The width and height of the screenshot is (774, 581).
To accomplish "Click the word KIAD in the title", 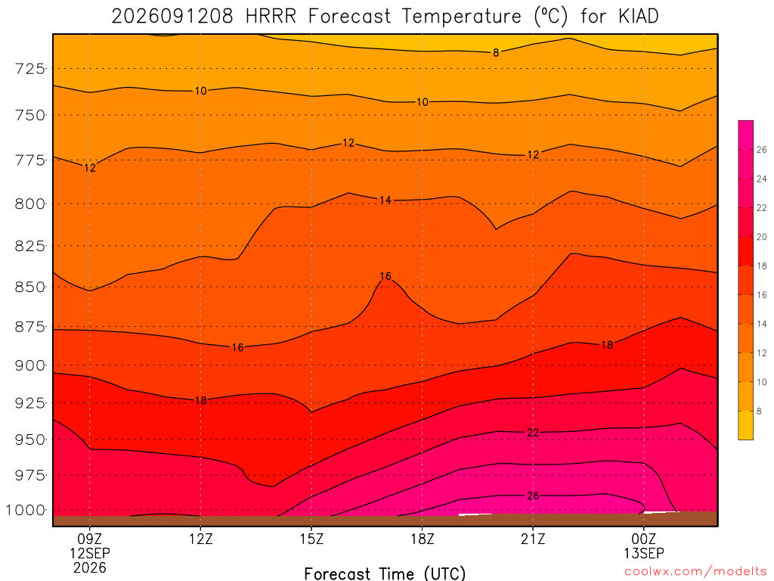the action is pyautogui.click(x=638, y=17).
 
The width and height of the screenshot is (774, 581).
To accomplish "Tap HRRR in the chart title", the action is pyautogui.click(x=271, y=17).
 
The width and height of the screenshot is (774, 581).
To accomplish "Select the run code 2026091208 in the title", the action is pyautogui.click(x=172, y=17).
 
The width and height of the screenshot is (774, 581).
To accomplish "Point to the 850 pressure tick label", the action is pyautogui.click(x=30, y=287).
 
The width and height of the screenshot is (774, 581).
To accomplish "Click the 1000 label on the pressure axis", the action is pyautogui.click(x=26, y=510).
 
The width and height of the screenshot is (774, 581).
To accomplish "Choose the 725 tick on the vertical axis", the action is pyautogui.click(x=30, y=69).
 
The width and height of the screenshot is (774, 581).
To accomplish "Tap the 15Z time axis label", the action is pyautogui.click(x=311, y=539).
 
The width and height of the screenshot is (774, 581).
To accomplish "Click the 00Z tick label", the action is pyautogui.click(x=644, y=539).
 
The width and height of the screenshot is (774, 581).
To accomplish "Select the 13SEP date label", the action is pyautogui.click(x=644, y=553).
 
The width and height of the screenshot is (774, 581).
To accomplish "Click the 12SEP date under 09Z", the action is pyautogui.click(x=90, y=553).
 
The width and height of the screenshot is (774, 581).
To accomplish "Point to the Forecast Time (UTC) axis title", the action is pyautogui.click(x=385, y=573).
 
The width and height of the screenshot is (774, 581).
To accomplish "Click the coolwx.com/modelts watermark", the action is pyautogui.click(x=695, y=572).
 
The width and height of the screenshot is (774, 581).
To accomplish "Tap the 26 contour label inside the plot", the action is pyautogui.click(x=533, y=496).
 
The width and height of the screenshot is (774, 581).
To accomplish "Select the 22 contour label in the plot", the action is pyautogui.click(x=533, y=433).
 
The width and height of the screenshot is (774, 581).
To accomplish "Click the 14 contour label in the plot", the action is pyautogui.click(x=385, y=200).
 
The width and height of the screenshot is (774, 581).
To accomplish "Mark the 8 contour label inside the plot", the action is pyautogui.click(x=496, y=53).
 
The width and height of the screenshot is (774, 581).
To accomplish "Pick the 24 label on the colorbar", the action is pyautogui.click(x=762, y=179).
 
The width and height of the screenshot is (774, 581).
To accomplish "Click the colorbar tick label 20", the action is pyautogui.click(x=762, y=237).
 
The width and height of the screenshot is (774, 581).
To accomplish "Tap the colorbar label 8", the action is pyautogui.click(x=759, y=411).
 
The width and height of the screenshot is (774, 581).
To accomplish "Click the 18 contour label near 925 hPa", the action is pyautogui.click(x=200, y=401).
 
